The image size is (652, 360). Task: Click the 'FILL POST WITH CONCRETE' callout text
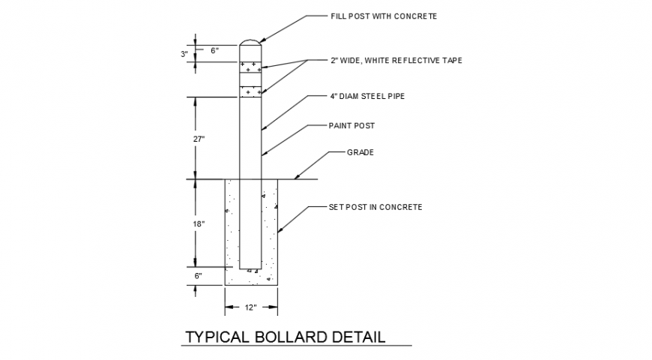coord(383,16)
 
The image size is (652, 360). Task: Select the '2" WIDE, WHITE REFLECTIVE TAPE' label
coord(396,60)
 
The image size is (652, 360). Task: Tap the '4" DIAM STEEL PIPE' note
coord(367,96)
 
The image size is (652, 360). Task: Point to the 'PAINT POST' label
coord(351,125)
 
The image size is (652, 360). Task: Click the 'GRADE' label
coord(360,152)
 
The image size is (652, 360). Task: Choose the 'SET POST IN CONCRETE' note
coord(375,206)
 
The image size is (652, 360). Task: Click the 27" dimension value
coord(199,139)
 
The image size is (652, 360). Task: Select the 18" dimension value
coord(199,223)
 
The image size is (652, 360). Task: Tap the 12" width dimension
coord(251,307)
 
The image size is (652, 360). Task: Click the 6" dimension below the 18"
coord(199,275)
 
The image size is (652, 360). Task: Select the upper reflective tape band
coord(251,67)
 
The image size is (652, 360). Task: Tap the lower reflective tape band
coord(251,91)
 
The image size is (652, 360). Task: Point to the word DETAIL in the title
coord(358,337)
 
